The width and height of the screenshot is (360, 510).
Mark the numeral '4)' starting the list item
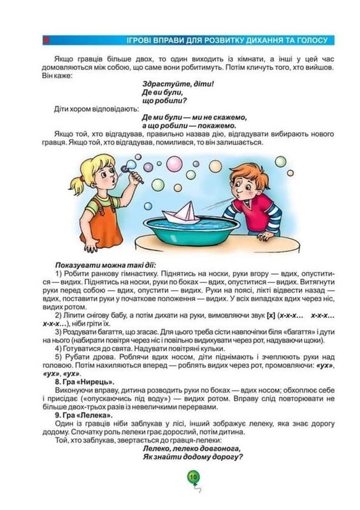[x=59, y=348]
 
